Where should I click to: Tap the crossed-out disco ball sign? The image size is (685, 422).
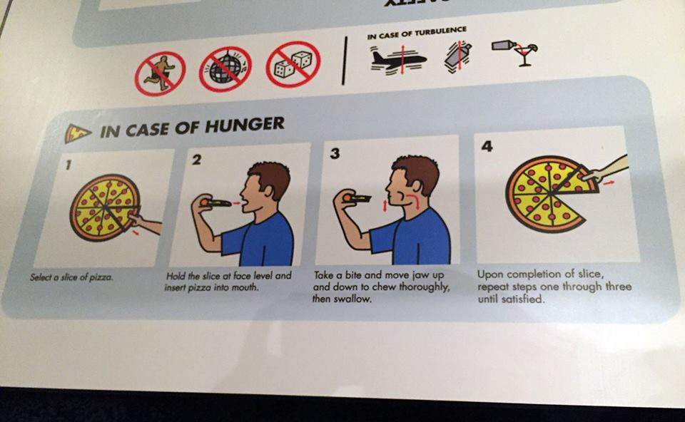coord(225,70)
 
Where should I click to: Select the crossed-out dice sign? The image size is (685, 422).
coord(293,65)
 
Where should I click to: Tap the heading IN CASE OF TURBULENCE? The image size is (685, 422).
coord(417,31)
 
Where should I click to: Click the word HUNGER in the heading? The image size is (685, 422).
coord(245,126)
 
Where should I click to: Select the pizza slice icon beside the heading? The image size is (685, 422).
coord(78,133)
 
